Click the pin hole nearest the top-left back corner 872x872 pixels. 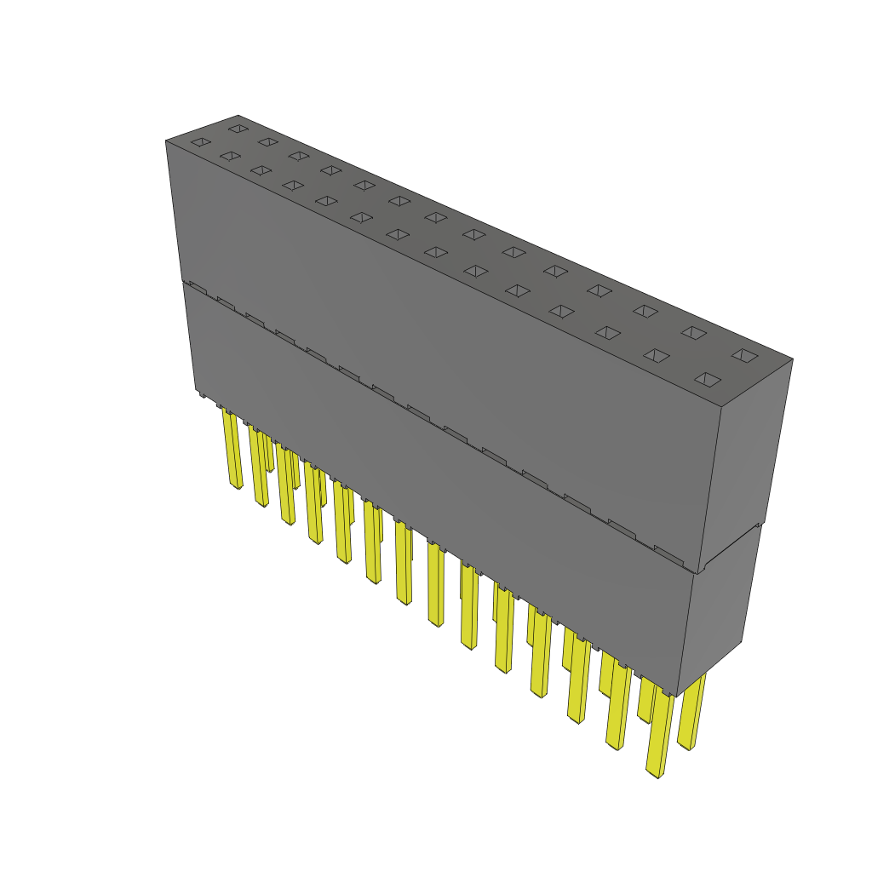[x=238, y=129]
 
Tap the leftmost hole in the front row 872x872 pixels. [x=200, y=142]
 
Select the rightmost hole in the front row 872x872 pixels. [x=708, y=379]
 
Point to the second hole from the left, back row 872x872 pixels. [x=267, y=142]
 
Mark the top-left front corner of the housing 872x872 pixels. [x=165, y=141]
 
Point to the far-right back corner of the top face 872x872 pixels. [x=792, y=359]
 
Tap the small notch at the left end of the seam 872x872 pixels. [x=197, y=287]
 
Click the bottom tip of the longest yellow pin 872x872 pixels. [x=655, y=775]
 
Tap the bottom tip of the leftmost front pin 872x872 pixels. [x=237, y=487]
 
